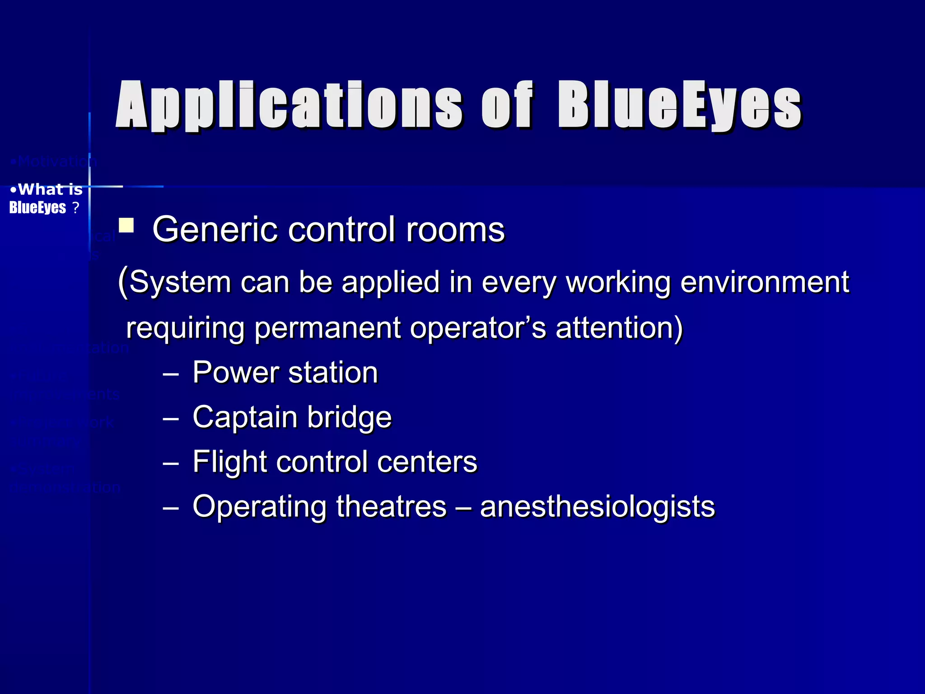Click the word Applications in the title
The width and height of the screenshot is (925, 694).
click(x=289, y=105)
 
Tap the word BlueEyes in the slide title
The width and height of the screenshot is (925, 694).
click(x=680, y=105)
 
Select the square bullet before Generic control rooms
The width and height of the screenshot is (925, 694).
click(x=126, y=225)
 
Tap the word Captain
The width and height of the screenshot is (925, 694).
click(x=244, y=417)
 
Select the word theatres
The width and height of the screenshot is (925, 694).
click(x=391, y=506)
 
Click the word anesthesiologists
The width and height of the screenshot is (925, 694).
click(x=597, y=506)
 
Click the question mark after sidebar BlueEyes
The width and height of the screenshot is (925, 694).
click(x=75, y=208)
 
